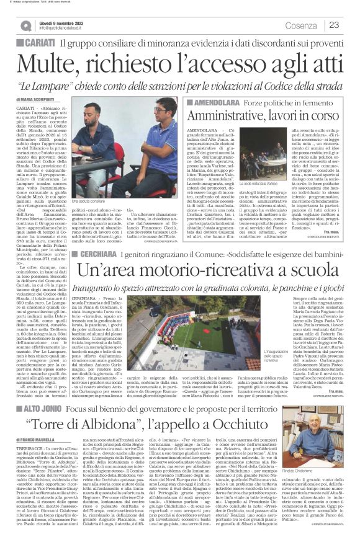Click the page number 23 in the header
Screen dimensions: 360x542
(334, 25)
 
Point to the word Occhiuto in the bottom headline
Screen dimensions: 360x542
(230, 437)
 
